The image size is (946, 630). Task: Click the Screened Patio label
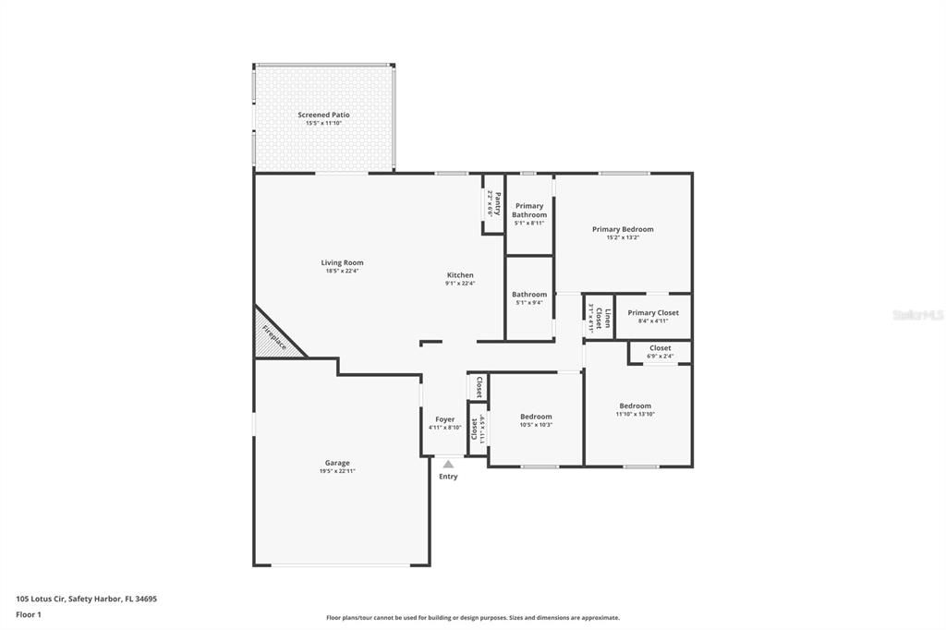pyautogui.click(x=323, y=115)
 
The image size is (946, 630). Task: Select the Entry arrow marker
pyautogui.click(x=448, y=464)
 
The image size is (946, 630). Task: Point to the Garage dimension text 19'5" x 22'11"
pyautogui.click(x=336, y=471)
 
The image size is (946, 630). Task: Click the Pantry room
pyautogui.click(x=493, y=203)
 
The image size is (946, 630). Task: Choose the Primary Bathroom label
pyautogui.click(x=529, y=211)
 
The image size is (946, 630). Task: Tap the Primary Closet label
pyautogui.click(x=652, y=313)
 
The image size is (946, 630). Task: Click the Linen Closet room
pyautogui.click(x=599, y=317)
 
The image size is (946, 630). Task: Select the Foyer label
pyautogui.click(x=444, y=419)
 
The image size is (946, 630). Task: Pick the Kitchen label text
pyautogui.click(x=460, y=275)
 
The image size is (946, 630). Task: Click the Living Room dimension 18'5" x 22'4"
pyautogui.click(x=342, y=272)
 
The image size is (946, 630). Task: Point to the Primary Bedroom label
pyautogui.click(x=623, y=229)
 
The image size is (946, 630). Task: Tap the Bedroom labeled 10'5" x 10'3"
pyautogui.click(x=536, y=420)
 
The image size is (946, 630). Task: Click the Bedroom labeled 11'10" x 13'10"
pyautogui.click(x=635, y=409)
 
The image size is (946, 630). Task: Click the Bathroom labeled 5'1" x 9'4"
pyautogui.click(x=529, y=298)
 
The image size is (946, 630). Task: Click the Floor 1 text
pyautogui.click(x=29, y=614)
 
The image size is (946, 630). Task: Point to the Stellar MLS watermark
pyautogui.click(x=917, y=315)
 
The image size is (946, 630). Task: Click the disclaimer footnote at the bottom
pyautogui.click(x=472, y=618)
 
